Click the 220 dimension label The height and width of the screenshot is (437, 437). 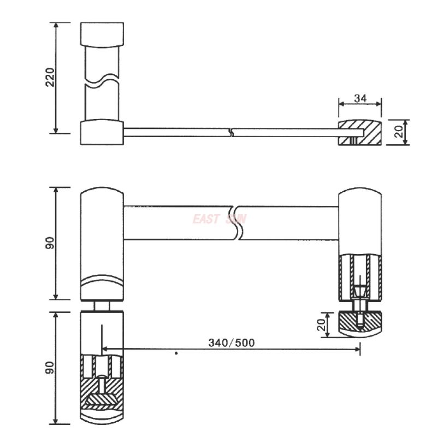(50, 77)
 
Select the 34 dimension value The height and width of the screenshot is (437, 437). (360, 98)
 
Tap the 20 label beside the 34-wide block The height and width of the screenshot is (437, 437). (399, 132)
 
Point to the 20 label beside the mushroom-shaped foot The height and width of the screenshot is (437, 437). (323, 326)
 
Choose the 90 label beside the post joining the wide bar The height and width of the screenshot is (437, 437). (50, 244)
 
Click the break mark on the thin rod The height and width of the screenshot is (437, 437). (233, 132)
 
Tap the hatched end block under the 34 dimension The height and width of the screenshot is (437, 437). (360, 133)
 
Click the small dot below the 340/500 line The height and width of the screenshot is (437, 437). (176, 354)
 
